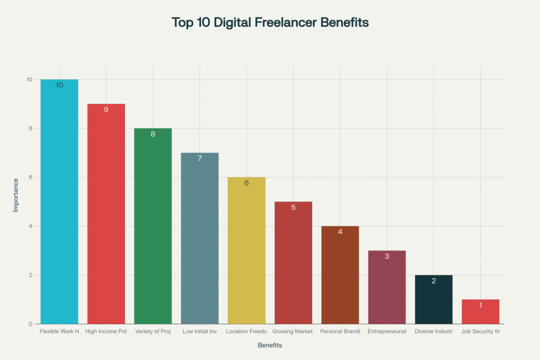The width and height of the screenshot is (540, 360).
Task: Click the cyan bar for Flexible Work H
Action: coord(59,206)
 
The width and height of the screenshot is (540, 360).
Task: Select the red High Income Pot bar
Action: coord(106,216)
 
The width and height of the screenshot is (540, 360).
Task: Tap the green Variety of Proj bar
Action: coord(153,227)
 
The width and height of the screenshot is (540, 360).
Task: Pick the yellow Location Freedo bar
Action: coord(246,253)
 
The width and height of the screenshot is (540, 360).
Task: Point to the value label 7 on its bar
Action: coord(200,158)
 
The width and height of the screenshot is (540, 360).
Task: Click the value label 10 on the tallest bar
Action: coord(59,85)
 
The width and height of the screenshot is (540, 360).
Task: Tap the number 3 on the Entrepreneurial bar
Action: coord(387,256)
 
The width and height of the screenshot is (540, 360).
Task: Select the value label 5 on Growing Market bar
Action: coord(293,207)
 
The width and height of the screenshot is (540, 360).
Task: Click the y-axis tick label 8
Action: coord(30,129)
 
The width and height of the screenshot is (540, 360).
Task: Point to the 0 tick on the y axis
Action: coord(30,324)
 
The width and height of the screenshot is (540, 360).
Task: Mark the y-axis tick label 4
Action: coord(30,226)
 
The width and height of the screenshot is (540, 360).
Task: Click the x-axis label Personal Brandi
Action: coord(340,332)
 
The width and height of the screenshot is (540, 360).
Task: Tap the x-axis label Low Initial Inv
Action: coord(199,332)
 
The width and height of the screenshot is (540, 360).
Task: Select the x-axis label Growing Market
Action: coord(293,332)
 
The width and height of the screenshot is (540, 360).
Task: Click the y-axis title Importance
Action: coord(16,195)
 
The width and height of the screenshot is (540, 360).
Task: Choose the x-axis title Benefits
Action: coord(270,346)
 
